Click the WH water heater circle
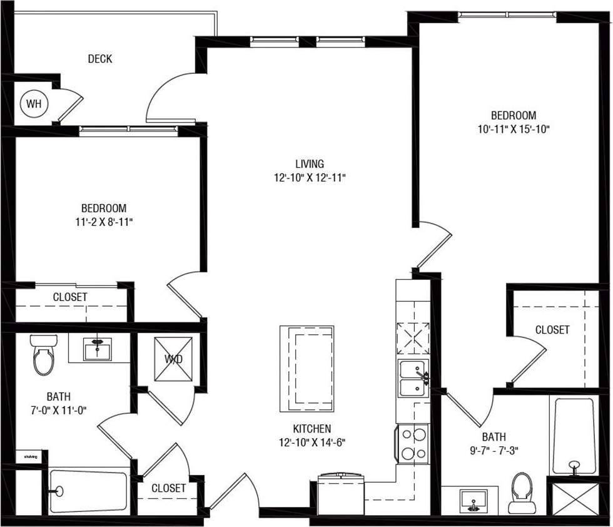[x=33, y=104]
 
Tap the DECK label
[x=100, y=59]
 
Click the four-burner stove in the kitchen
[x=412, y=444]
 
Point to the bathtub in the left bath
[x=88, y=491]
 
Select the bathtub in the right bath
[x=572, y=436]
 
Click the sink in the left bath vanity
[x=98, y=347]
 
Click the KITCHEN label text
[x=312, y=429]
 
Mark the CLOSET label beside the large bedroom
[x=552, y=329]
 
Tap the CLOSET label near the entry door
[x=168, y=488]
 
